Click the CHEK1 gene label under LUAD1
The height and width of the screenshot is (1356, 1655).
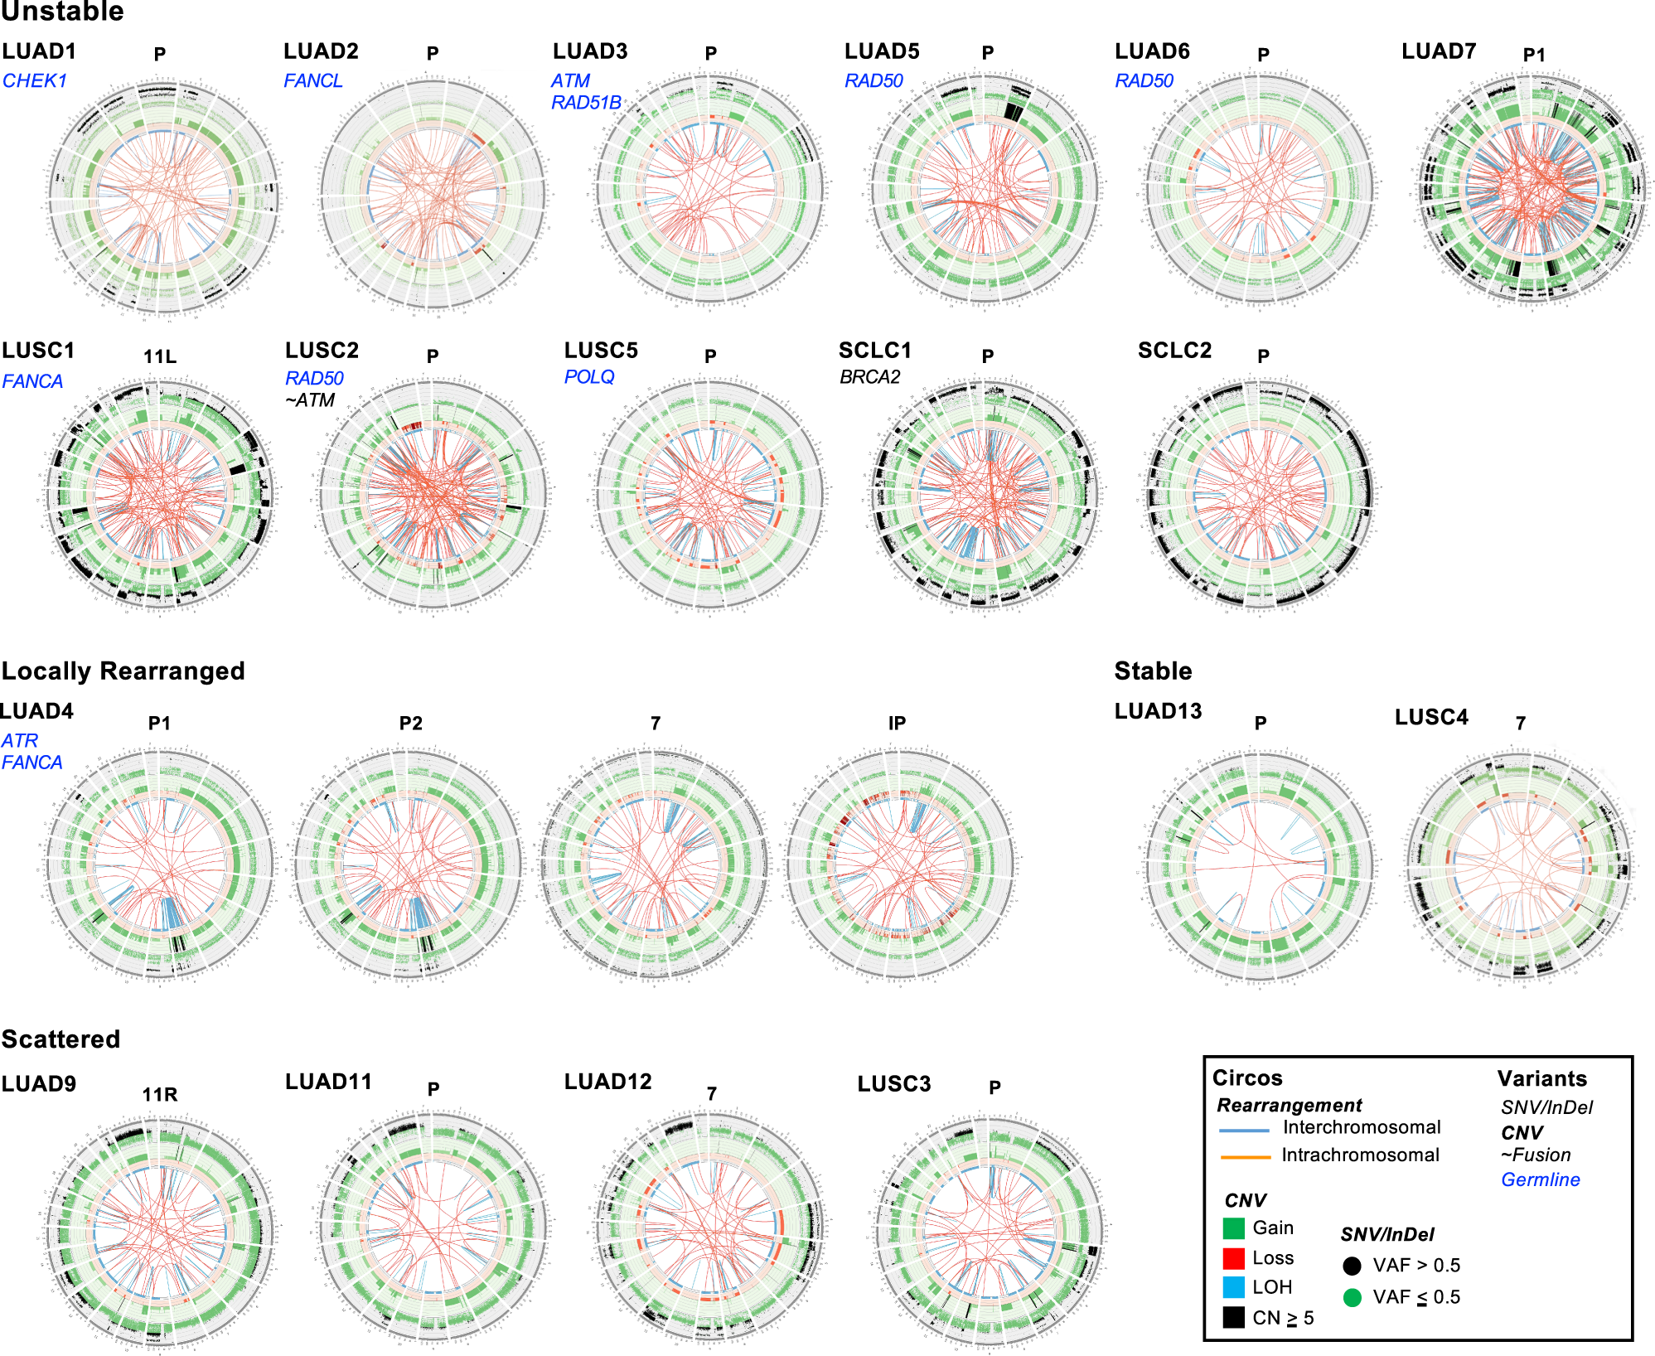(x=35, y=81)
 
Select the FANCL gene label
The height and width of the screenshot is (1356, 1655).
(x=312, y=81)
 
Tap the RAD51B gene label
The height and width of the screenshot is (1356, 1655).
(x=586, y=103)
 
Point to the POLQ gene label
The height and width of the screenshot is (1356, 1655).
(x=589, y=377)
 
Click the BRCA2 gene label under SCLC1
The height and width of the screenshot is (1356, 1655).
(x=869, y=377)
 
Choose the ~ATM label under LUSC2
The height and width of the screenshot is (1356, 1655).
(x=310, y=400)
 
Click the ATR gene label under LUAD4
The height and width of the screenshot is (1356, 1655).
(x=20, y=741)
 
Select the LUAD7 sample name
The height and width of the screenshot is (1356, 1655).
(x=1438, y=51)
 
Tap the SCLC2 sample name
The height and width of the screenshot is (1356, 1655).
(x=1174, y=351)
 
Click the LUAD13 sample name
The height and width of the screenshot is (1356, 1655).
(x=1158, y=711)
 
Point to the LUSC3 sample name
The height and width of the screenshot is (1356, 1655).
(x=893, y=1084)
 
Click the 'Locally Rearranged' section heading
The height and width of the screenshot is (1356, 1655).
(x=123, y=671)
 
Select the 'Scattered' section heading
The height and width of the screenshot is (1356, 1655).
(x=61, y=1039)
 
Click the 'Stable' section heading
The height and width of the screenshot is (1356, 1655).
(x=1153, y=671)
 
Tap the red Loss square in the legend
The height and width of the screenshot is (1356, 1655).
(x=1233, y=1258)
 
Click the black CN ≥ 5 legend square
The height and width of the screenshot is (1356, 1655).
(x=1233, y=1317)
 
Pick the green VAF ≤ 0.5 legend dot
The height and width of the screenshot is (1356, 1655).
(x=1352, y=1297)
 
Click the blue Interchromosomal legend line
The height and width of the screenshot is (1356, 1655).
(x=1244, y=1130)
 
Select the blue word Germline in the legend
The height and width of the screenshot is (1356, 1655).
(x=1540, y=1179)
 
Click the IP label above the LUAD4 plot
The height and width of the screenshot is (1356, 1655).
(x=897, y=724)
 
